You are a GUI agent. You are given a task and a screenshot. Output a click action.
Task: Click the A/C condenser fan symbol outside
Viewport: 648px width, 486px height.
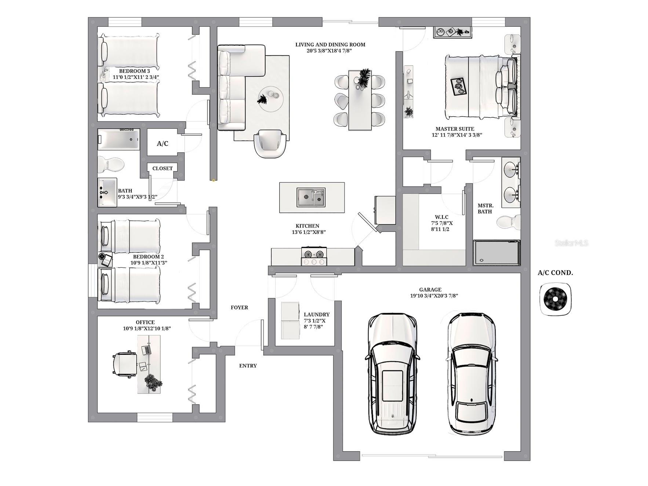(x=555, y=299)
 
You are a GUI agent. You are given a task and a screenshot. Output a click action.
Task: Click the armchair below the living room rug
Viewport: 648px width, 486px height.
(x=270, y=144)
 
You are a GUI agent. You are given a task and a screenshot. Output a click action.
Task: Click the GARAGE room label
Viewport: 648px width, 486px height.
(x=430, y=289)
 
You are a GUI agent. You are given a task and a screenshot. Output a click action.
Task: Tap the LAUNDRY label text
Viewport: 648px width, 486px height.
(x=316, y=314)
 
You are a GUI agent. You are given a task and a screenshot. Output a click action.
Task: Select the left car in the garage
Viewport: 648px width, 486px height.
(x=392, y=373)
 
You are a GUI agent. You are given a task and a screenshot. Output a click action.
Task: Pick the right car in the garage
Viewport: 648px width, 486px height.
(x=472, y=373)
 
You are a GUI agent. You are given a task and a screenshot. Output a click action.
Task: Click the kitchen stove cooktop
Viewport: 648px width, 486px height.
(x=314, y=256)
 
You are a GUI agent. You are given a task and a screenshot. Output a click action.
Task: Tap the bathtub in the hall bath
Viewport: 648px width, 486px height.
(x=119, y=139)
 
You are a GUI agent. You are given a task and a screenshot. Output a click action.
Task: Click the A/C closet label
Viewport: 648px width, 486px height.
(x=163, y=143)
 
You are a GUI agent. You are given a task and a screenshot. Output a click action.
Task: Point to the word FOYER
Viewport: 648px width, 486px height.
(x=239, y=307)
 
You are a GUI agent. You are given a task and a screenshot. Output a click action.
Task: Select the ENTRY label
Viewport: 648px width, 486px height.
(x=248, y=366)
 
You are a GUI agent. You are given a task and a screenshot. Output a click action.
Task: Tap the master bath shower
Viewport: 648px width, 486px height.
(x=496, y=252)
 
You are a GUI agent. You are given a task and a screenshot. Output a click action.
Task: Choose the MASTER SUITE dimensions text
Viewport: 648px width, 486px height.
(x=456, y=135)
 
